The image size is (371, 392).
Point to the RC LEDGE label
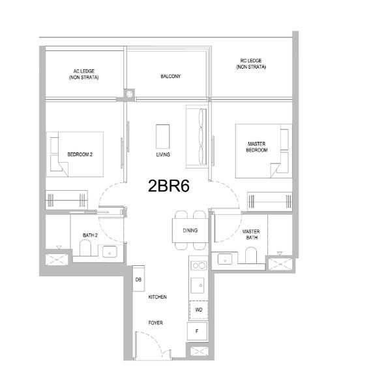click(x=251, y=65)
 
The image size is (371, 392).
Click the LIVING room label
click(x=163, y=155)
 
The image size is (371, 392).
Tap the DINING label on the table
click(x=190, y=231)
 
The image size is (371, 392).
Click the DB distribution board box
click(x=138, y=280)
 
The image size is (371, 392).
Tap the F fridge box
click(x=198, y=331)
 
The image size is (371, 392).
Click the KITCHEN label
click(x=158, y=297)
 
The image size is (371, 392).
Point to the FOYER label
click(x=155, y=323)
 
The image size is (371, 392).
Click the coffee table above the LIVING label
click(x=163, y=137)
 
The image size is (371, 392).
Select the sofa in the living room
click(x=196, y=135)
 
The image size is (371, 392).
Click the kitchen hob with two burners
click(x=198, y=265)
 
